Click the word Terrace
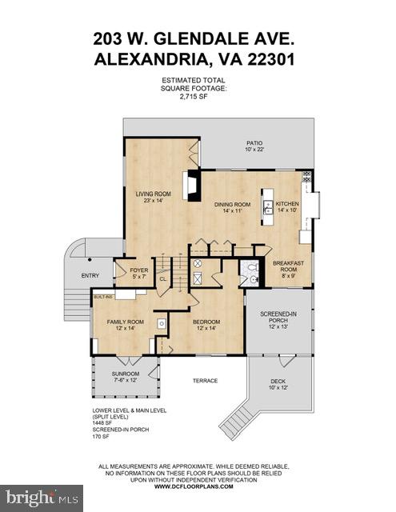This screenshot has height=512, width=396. (205, 381)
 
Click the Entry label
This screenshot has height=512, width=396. (89, 276)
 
